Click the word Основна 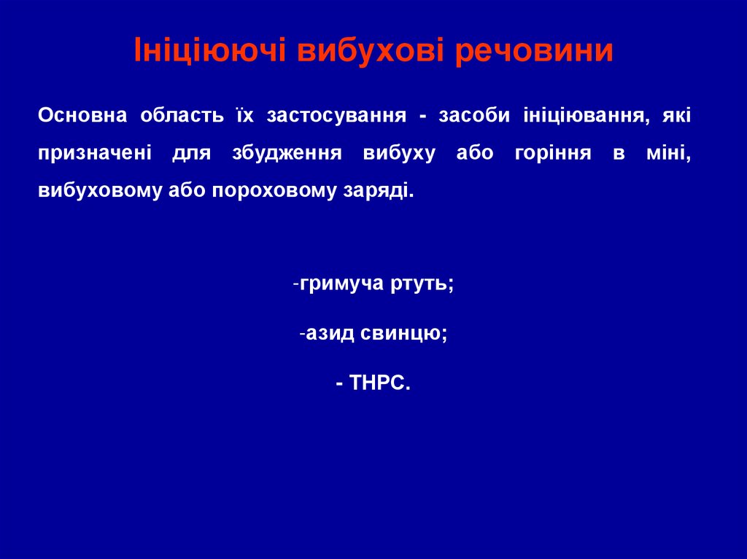pos(82,115)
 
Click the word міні pos(669,154)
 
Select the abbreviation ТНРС pos(381,383)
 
